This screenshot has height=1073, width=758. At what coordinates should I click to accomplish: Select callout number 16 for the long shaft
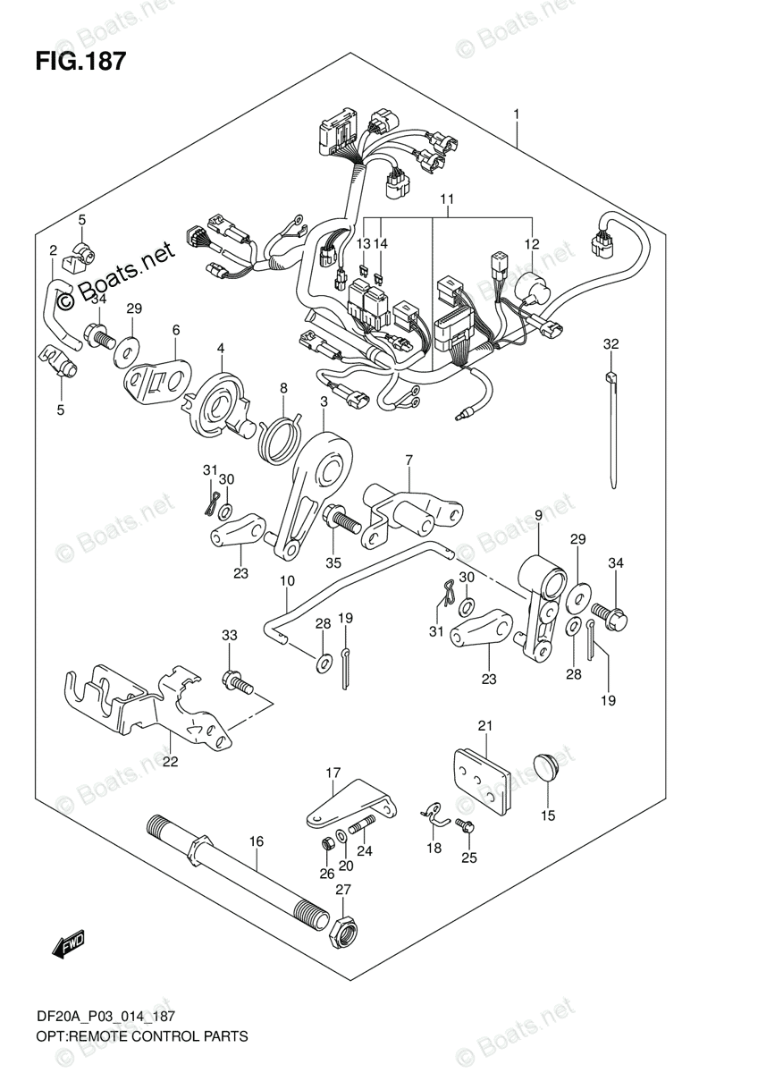tap(257, 841)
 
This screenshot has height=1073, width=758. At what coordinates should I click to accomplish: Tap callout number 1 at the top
tap(517, 114)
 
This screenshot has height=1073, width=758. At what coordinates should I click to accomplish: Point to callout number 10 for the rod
tap(285, 581)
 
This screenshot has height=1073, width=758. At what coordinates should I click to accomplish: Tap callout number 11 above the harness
tap(448, 198)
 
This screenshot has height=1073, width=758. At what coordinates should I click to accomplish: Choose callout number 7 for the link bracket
tap(408, 460)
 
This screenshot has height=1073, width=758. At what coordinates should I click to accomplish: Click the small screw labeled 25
tap(465, 828)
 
